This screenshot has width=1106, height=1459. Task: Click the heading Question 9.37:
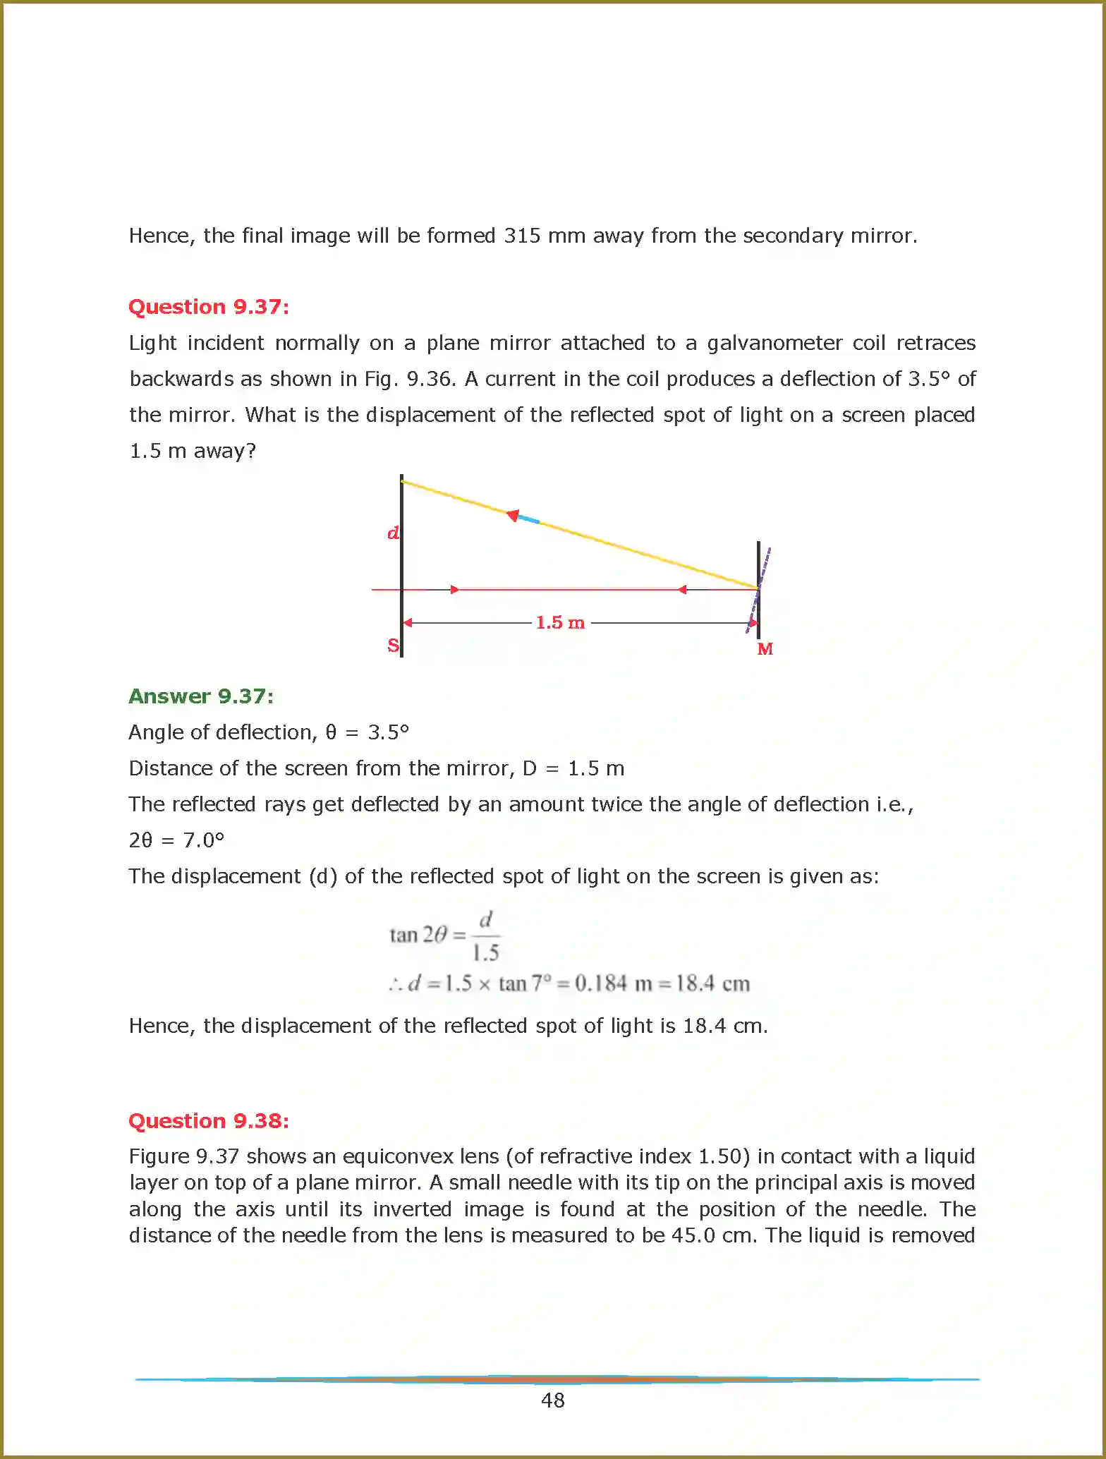click(x=209, y=307)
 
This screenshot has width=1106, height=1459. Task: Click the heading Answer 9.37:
click(x=201, y=696)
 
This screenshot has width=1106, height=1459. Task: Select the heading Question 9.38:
click(x=209, y=1120)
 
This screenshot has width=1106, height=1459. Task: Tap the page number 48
click(x=553, y=1400)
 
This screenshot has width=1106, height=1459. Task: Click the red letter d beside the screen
click(x=393, y=533)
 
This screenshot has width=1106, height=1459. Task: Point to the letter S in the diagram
click(x=393, y=646)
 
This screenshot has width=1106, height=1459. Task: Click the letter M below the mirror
click(x=765, y=649)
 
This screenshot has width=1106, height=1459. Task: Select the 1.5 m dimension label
click(x=560, y=622)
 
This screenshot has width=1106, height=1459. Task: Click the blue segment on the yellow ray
click(x=528, y=519)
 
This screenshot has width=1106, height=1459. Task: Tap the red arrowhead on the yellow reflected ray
click(x=513, y=515)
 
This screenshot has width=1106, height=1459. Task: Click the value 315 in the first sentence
click(x=522, y=236)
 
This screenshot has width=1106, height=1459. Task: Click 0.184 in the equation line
click(x=600, y=983)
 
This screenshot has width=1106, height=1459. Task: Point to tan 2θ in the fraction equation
click(x=418, y=935)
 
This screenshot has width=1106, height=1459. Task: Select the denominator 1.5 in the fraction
click(x=485, y=953)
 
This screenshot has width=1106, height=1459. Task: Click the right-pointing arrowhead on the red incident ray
click(x=455, y=589)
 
